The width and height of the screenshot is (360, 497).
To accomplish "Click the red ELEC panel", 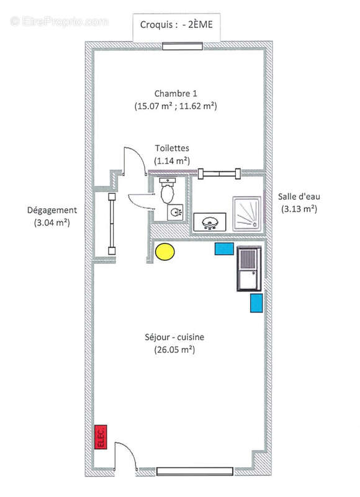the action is [x=101, y=437].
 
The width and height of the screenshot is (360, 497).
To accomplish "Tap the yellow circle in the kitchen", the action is [x=164, y=252].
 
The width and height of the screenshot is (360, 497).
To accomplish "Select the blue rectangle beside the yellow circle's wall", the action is [x=224, y=248].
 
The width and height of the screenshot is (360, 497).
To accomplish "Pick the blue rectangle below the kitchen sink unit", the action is [x=256, y=303].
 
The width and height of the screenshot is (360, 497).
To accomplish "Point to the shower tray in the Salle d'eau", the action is [x=247, y=213].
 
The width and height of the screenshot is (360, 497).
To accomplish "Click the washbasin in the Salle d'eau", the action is [x=210, y=222].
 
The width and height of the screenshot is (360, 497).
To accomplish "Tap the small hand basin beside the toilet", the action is [x=175, y=212].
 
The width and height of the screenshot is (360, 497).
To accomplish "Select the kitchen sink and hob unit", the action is [x=249, y=268].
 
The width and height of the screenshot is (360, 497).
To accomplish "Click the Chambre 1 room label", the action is [x=176, y=94].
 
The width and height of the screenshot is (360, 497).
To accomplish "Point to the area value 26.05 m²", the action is [x=174, y=350].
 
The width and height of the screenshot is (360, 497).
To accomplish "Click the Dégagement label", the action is [x=52, y=211].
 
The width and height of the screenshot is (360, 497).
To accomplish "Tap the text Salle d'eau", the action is [x=299, y=196].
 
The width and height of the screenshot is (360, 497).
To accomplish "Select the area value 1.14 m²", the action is [x=172, y=161].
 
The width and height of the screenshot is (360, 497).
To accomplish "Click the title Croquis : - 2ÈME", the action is [x=176, y=25].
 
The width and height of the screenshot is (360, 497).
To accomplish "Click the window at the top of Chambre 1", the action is [x=182, y=46].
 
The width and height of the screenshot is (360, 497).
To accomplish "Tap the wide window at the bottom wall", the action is [x=195, y=472].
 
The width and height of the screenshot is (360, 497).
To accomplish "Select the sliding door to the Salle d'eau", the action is [x=219, y=173].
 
